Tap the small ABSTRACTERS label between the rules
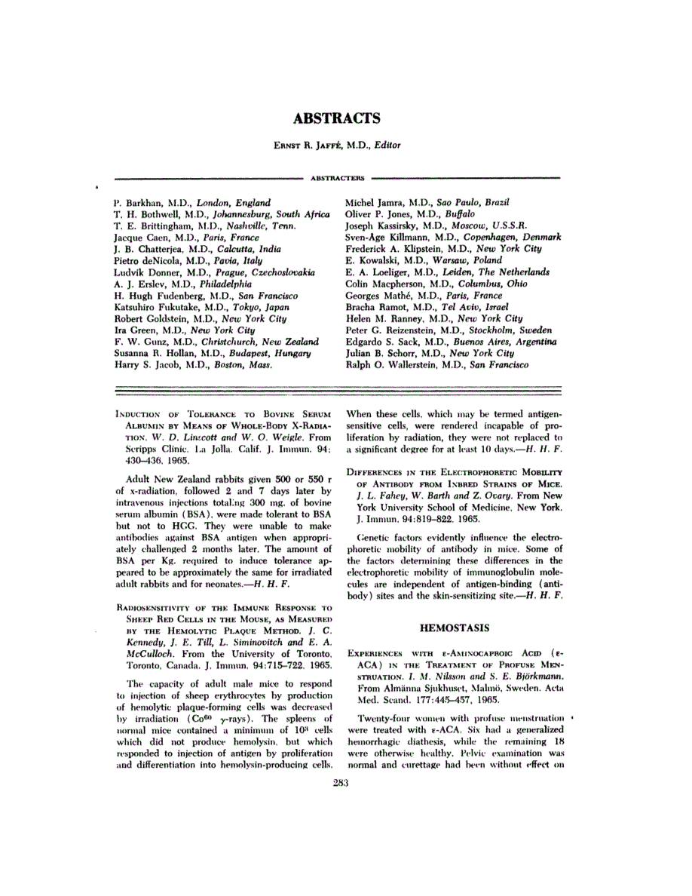[x=336, y=179]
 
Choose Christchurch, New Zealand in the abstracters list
[x=241, y=342]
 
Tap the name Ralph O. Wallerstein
[x=390, y=364]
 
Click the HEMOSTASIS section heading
[x=454, y=627]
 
